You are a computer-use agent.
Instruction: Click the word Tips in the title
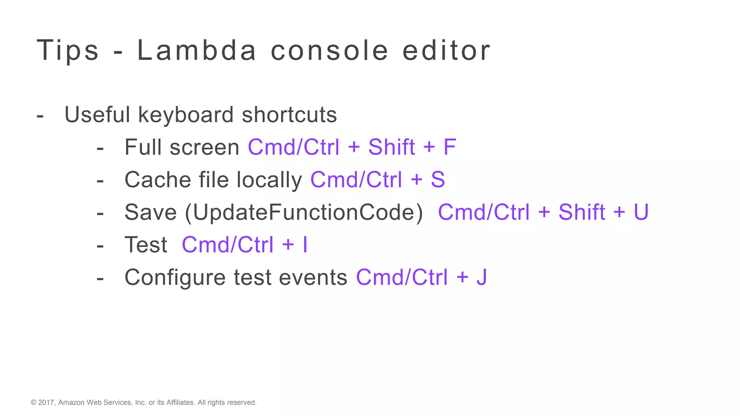click(x=68, y=51)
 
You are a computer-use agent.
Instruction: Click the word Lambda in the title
click(x=197, y=51)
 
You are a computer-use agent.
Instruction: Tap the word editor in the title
click(x=446, y=51)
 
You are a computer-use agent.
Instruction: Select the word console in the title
click(x=329, y=51)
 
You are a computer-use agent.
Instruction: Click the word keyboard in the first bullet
click(x=186, y=115)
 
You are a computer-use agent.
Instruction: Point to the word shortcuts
click(x=289, y=115)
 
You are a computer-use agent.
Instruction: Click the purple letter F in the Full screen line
click(x=449, y=147)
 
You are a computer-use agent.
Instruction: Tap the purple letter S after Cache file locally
click(x=438, y=180)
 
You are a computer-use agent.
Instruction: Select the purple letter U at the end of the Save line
click(x=641, y=212)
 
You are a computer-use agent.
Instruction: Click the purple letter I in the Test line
click(x=305, y=245)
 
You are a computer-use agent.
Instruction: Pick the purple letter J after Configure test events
click(x=482, y=277)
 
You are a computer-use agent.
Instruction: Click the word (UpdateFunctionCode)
click(x=304, y=212)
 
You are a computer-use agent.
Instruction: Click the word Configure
click(x=175, y=277)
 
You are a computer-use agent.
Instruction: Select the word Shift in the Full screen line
click(x=392, y=147)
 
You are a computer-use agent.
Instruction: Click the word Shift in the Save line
click(x=582, y=212)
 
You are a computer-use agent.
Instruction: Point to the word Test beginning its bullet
click(x=146, y=245)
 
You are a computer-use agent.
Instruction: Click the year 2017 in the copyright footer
click(x=46, y=402)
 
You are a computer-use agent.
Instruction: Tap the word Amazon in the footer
click(x=71, y=402)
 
